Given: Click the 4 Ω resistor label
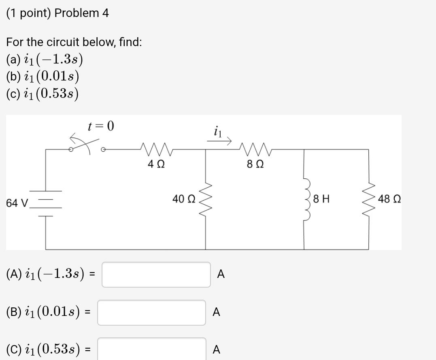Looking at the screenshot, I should coord(156,165).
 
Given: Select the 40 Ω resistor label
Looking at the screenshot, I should coord(184,199).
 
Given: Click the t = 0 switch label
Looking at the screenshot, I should coord(101,126).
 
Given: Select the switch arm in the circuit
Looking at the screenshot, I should coord(85,143).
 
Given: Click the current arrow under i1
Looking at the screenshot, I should coord(219,141).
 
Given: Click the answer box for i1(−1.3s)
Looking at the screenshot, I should coord(156,275).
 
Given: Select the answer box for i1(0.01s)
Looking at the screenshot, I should coord(151,312).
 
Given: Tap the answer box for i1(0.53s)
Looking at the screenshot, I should coord(151,349).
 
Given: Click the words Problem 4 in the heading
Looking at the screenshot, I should coord(81,13).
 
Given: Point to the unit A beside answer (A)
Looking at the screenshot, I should coord(221,275).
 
